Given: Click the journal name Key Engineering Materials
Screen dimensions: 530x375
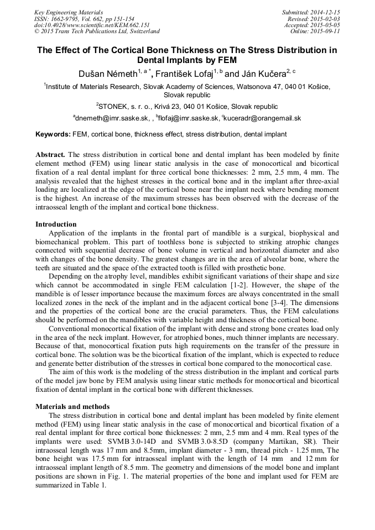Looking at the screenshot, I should click(68, 12).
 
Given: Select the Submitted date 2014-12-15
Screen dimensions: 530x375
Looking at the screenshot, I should click(325, 12).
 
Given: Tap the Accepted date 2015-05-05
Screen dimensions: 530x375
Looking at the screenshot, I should click(325, 25).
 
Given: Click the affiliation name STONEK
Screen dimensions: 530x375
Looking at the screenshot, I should click(114, 107).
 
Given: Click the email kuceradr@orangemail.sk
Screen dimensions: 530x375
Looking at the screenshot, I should click(262, 118).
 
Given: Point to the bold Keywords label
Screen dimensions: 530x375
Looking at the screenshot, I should click(53, 134).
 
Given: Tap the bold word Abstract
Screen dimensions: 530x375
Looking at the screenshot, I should click(50, 155).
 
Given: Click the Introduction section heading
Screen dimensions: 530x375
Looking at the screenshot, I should click(56, 224).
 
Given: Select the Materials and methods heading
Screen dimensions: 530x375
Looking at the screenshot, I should click(72, 406).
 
